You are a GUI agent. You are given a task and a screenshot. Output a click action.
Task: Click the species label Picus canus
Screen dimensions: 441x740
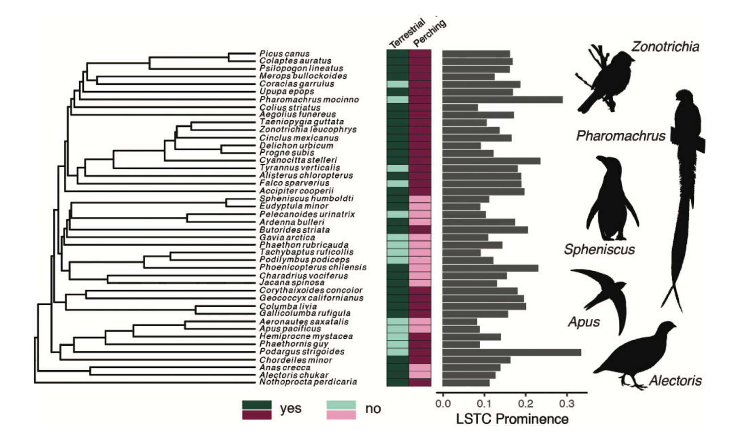(x=284, y=54)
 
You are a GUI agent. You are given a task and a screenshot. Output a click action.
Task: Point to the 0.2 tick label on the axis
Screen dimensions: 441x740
(x=525, y=404)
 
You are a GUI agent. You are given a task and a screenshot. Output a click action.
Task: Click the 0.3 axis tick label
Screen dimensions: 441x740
(x=567, y=404)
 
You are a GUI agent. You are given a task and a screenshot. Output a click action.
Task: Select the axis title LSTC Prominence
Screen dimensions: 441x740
(x=512, y=419)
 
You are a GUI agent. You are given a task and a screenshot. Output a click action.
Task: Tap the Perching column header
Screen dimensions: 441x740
(x=429, y=33)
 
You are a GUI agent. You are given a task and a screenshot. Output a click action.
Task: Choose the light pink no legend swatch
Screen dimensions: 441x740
(x=341, y=415)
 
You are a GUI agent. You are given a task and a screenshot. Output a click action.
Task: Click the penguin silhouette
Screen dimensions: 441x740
(x=611, y=199)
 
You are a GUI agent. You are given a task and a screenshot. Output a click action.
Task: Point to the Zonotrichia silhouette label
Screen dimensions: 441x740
(x=665, y=47)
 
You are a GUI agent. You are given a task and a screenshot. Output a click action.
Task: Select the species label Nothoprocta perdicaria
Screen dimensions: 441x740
(x=308, y=382)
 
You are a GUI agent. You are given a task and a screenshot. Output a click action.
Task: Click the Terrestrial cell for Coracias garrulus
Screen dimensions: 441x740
(x=397, y=84)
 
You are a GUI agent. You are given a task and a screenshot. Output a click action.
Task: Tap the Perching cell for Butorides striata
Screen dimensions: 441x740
(x=420, y=230)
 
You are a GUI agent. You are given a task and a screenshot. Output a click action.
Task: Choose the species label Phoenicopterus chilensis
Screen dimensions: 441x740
(x=313, y=267)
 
